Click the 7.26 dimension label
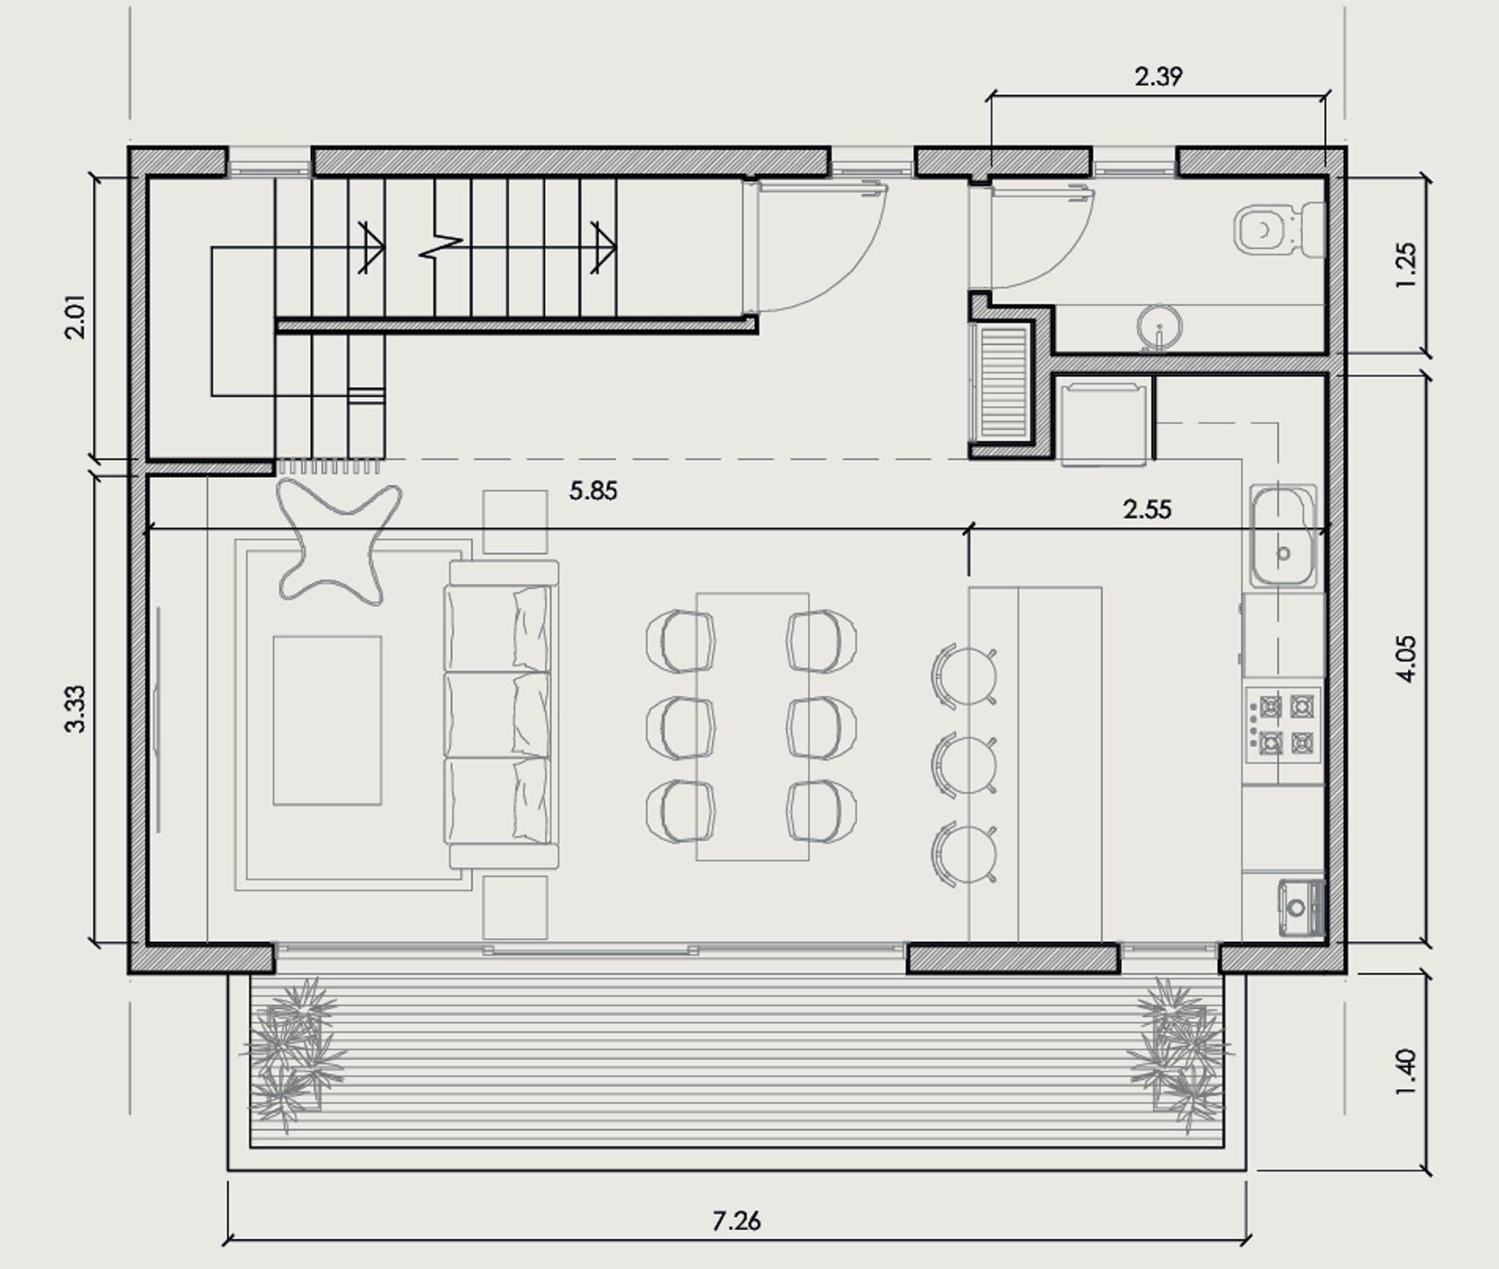[735, 1220]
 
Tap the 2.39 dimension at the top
[1158, 76]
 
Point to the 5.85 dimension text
[593, 491]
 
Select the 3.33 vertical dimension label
[75, 709]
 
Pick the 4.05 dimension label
[1405, 659]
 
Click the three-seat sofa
[501, 714]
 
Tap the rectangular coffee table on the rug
[327, 720]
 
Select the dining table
[752, 727]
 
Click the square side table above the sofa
[515, 522]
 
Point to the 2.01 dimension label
[75, 317]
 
